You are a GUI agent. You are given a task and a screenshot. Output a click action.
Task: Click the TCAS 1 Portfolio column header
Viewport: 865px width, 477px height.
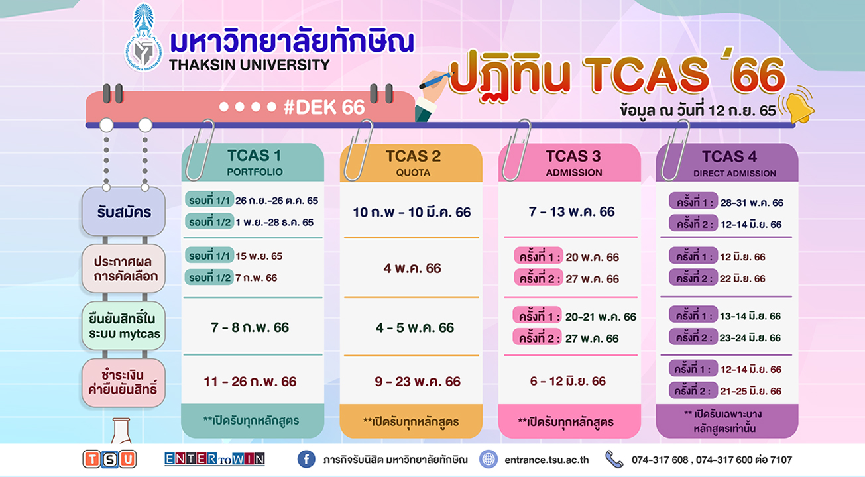253,162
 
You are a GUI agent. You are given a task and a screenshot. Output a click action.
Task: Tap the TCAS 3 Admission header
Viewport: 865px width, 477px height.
573,163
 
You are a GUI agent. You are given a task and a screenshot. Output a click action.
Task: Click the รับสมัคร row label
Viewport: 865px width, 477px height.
123,211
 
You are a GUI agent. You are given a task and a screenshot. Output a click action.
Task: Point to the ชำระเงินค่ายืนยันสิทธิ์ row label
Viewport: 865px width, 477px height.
123,382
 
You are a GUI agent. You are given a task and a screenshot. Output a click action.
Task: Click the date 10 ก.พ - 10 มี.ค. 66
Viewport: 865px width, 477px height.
412,212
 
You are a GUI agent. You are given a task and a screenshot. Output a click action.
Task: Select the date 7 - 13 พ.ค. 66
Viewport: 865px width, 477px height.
571,212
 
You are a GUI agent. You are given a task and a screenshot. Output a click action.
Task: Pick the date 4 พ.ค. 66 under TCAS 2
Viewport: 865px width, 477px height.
412,268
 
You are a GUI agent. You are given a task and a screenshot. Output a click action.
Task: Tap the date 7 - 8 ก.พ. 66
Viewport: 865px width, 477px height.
250,327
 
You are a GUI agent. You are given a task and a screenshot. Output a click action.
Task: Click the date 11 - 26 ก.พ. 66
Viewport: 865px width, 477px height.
250,382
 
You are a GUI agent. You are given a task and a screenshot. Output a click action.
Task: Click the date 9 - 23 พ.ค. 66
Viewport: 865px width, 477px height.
417,382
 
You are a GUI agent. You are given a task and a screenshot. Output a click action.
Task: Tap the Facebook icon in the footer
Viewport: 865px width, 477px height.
306,459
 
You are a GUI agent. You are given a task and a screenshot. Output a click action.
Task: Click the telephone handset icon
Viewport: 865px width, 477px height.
614,459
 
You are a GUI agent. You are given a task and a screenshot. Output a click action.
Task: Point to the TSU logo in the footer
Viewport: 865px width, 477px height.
109,459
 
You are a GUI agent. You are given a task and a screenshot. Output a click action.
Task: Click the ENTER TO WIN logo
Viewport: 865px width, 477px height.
214,459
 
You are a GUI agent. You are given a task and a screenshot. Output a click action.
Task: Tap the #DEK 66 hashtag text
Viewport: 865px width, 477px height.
324,108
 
